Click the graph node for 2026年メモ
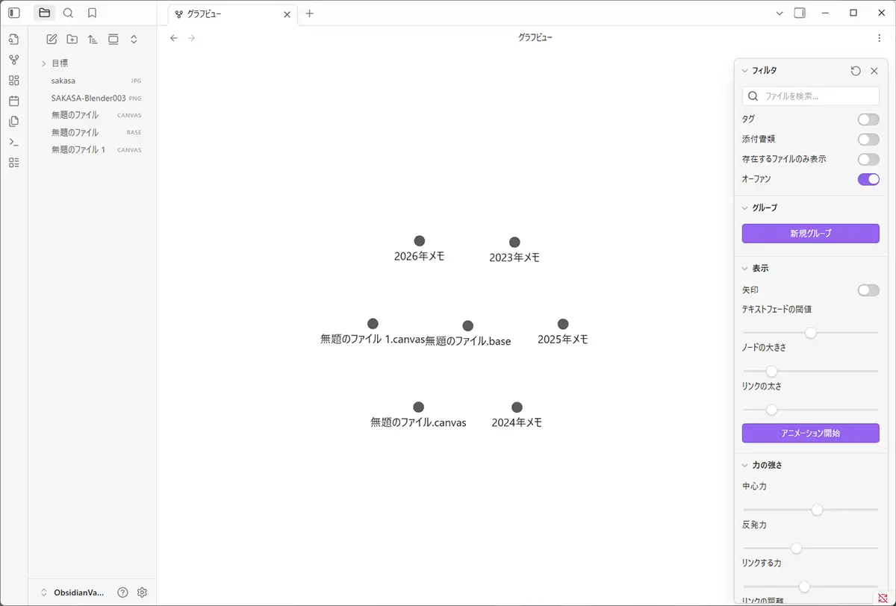click(420, 241)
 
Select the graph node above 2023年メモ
click(514, 243)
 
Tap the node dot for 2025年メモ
click(563, 324)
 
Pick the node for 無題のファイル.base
click(468, 326)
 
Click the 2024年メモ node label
click(517, 422)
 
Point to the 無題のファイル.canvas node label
click(418, 422)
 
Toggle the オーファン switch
click(868, 179)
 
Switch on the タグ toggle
click(868, 119)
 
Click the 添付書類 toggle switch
click(868, 140)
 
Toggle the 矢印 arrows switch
click(868, 290)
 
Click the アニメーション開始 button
click(810, 433)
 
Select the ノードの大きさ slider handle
click(772, 371)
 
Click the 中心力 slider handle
click(817, 510)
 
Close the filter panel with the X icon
click(874, 71)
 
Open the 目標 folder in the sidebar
click(60, 63)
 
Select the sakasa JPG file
click(63, 81)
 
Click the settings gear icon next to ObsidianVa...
click(142, 593)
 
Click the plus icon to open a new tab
click(310, 13)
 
